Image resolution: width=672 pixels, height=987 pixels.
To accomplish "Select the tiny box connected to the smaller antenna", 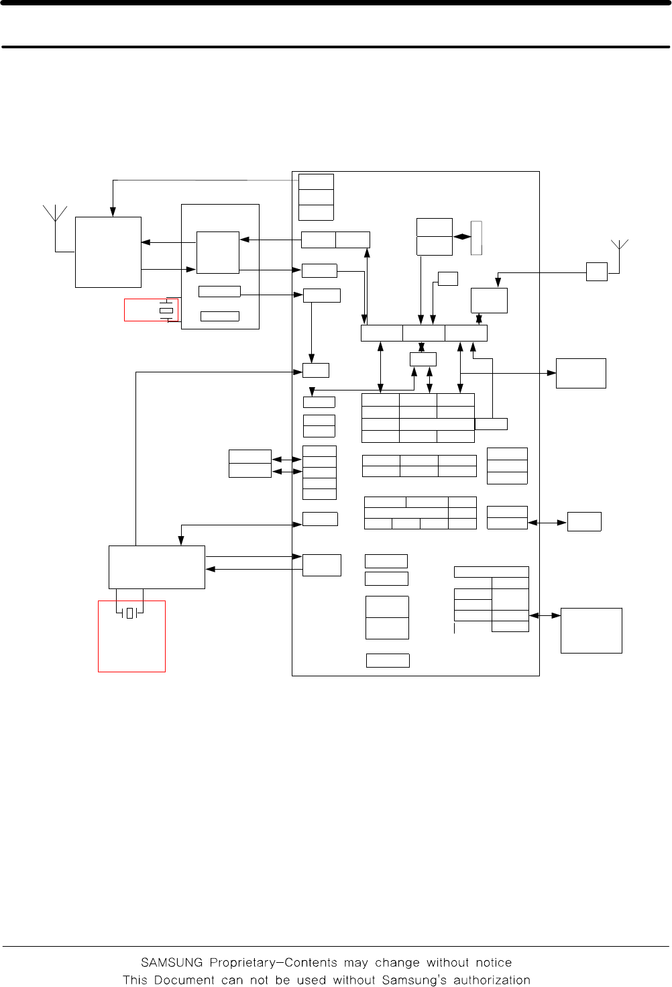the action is [597, 272].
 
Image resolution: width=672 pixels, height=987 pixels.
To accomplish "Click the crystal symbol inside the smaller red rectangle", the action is [166, 310].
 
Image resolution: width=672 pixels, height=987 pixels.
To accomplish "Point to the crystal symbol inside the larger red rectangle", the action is [129, 613].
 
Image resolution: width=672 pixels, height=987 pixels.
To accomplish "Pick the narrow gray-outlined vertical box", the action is [476, 238].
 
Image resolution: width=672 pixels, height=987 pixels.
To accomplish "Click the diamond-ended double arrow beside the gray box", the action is [462, 237].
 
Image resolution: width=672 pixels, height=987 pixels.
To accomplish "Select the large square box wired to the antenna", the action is [109, 252].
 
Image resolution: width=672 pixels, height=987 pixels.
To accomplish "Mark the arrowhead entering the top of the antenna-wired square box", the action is [113, 212].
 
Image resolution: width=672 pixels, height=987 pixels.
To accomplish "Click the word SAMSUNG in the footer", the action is [172, 962].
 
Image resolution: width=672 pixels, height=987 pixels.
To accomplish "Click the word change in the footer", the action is [397, 964].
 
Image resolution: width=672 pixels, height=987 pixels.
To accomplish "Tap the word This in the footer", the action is [135, 980].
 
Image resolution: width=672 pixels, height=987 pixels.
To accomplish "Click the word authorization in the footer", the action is [492, 980].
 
